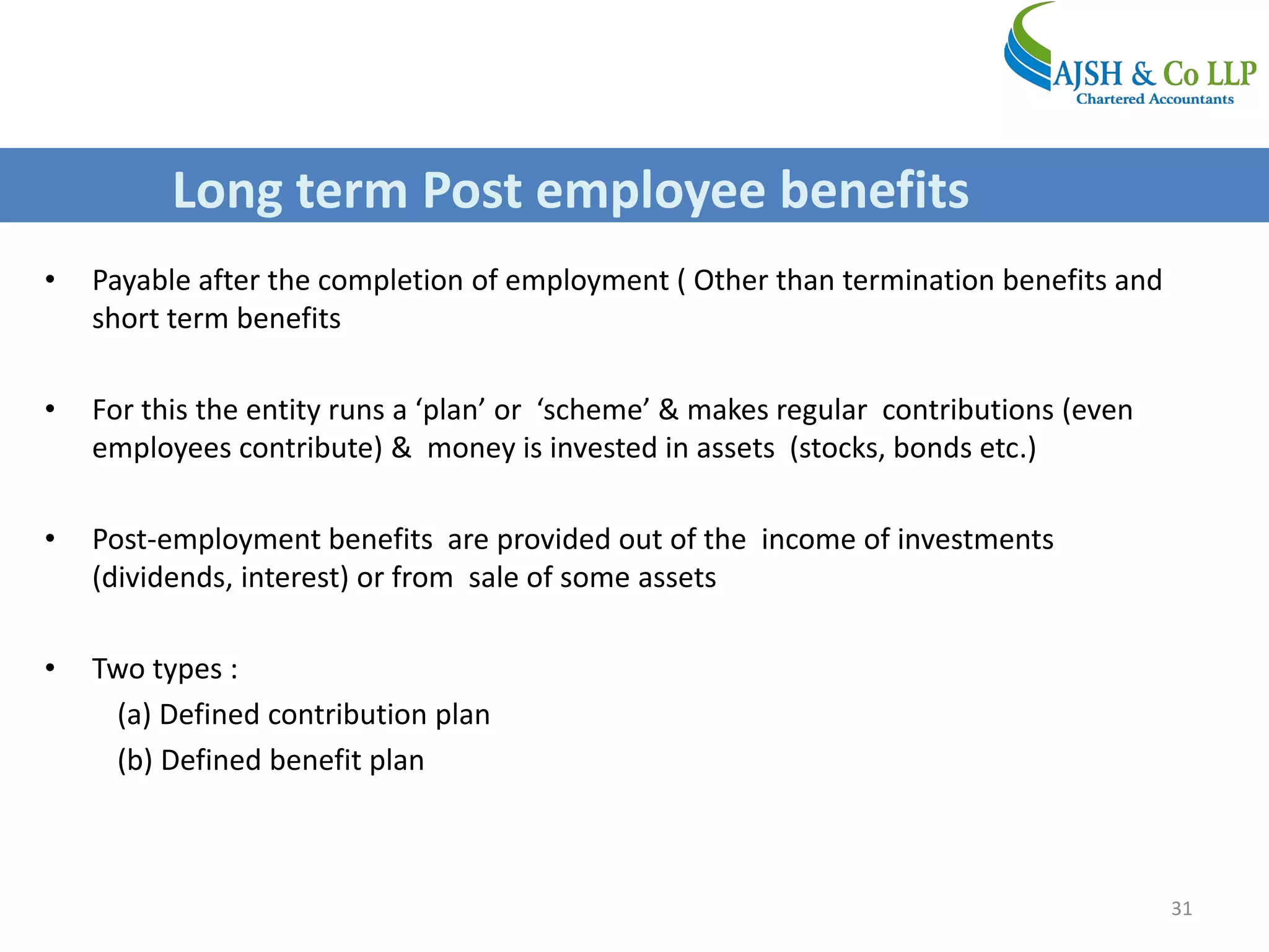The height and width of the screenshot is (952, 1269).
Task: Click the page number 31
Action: pyautogui.click(x=1181, y=908)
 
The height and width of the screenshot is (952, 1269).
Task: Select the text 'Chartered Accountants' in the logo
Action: pyautogui.click(x=1154, y=99)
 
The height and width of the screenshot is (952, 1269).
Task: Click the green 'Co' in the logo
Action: pyautogui.click(x=1180, y=74)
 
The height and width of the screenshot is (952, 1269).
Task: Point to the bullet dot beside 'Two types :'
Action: pyautogui.click(x=50, y=668)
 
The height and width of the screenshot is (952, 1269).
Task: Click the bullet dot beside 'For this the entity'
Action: pyautogui.click(x=50, y=409)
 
